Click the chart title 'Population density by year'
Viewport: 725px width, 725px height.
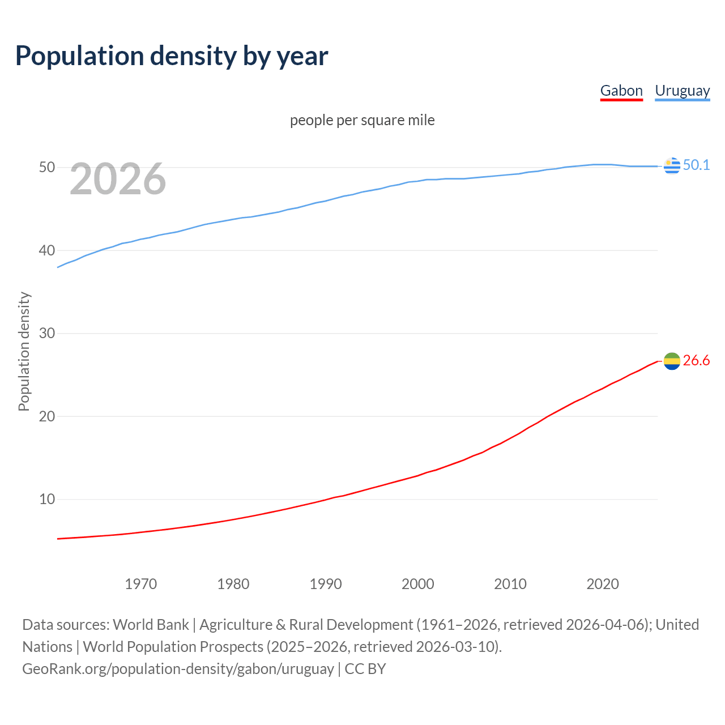pyautogui.click(x=172, y=56)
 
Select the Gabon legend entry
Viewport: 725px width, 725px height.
pyautogui.click(x=621, y=91)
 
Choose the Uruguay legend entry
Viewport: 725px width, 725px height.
pyautogui.click(x=682, y=91)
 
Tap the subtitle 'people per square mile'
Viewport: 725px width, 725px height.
pyautogui.click(x=362, y=120)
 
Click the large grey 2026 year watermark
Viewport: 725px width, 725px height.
pyautogui.click(x=118, y=179)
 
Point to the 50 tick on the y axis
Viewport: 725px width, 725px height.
pyautogui.click(x=47, y=168)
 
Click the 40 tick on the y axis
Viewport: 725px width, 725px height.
pyautogui.click(x=47, y=250)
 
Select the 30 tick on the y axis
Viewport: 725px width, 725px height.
pyautogui.click(x=47, y=333)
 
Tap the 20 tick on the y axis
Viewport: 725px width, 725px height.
pyautogui.click(x=47, y=416)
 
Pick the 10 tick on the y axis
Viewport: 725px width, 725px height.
pyautogui.click(x=47, y=499)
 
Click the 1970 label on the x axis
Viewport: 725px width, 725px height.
pyautogui.click(x=141, y=584)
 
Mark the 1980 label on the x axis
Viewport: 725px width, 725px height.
pyautogui.click(x=233, y=584)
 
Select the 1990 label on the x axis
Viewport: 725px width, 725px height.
pyautogui.click(x=326, y=584)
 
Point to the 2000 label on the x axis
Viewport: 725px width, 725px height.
pyautogui.click(x=418, y=584)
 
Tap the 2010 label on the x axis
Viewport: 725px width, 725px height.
pyautogui.click(x=510, y=584)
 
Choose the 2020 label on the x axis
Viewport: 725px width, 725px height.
pyautogui.click(x=603, y=584)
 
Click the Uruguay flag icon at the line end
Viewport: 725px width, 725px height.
pyautogui.click(x=672, y=166)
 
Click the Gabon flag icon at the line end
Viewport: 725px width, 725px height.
pyautogui.click(x=672, y=361)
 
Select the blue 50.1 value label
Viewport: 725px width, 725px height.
pyautogui.click(x=696, y=165)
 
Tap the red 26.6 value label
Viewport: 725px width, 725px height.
pyautogui.click(x=696, y=361)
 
